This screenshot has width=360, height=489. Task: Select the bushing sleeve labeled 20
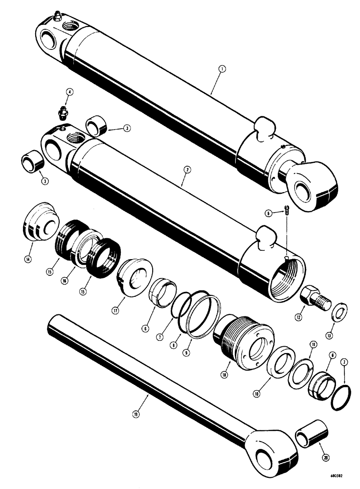(x=309, y=433)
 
